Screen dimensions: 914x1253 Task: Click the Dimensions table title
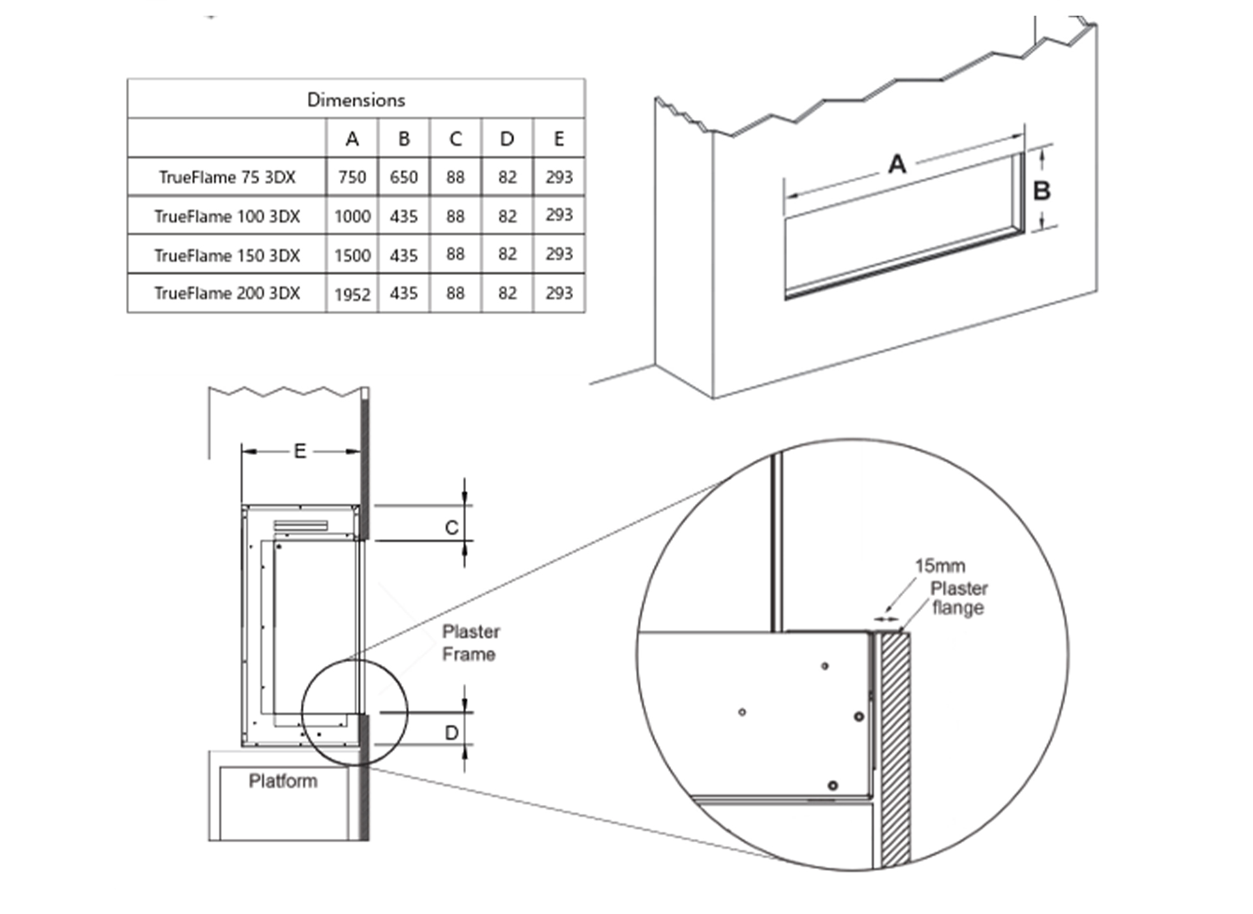pyautogui.click(x=356, y=100)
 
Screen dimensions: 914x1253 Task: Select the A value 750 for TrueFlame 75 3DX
pyautogui.click(x=352, y=177)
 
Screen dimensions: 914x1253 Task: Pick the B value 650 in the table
pyautogui.click(x=403, y=177)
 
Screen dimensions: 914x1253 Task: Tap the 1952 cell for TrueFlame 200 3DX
pyautogui.click(x=352, y=294)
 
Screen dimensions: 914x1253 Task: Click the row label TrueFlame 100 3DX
pyautogui.click(x=227, y=216)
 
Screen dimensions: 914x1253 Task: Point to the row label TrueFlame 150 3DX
pyautogui.click(x=227, y=255)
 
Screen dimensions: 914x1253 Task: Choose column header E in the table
pyautogui.click(x=559, y=138)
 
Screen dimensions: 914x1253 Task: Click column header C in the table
pyautogui.click(x=455, y=138)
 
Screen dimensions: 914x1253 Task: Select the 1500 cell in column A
pyautogui.click(x=352, y=255)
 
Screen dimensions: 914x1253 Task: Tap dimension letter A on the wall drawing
pyautogui.click(x=897, y=164)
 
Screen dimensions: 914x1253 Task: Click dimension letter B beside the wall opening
pyautogui.click(x=1042, y=191)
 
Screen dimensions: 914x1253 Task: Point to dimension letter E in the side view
pyautogui.click(x=300, y=451)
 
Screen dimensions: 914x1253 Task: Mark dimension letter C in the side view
pyautogui.click(x=452, y=528)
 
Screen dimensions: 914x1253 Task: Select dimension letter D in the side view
pyautogui.click(x=452, y=733)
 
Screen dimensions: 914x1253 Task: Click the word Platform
pyautogui.click(x=283, y=781)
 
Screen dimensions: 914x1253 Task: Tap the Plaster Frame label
pyautogui.click(x=471, y=643)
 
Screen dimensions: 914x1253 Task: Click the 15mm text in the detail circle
pyautogui.click(x=940, y=565)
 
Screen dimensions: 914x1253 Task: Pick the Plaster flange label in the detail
pyautogui.click(x=959, y=598)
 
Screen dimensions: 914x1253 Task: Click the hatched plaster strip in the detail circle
pyautogui.click(x=895, y=751)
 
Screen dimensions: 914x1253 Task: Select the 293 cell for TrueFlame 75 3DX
pyautogui.click(x=559, y=177)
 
